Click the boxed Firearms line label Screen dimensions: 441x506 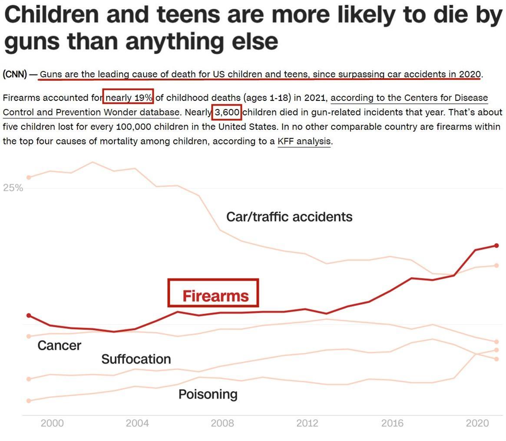tap(215, 296)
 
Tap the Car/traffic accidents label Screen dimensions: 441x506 tap(289, 216)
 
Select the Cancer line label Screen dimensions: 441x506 tap(59, 345)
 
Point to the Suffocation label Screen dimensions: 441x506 tap(136, 359)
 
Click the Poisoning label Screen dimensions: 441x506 tap(208, 394)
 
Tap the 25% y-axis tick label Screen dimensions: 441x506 tap(13, 188)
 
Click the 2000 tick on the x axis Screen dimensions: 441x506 tap(52, 423)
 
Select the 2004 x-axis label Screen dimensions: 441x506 tap(137, 423)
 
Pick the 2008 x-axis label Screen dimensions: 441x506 tap(222, 423)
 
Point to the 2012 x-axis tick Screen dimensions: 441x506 tap(307, 423)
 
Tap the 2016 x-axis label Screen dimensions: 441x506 tap(392, 423)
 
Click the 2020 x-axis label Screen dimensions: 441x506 tap(477, 423)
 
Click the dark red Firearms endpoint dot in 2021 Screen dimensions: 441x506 tap(496, 245)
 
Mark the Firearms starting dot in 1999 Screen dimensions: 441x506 tap(29, 315)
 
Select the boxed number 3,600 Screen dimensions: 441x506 tap(227, 113)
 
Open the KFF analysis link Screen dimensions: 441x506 tap(304, 141)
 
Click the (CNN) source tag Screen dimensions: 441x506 tap(15, 74)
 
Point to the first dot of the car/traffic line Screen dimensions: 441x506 tap(29, 177)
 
